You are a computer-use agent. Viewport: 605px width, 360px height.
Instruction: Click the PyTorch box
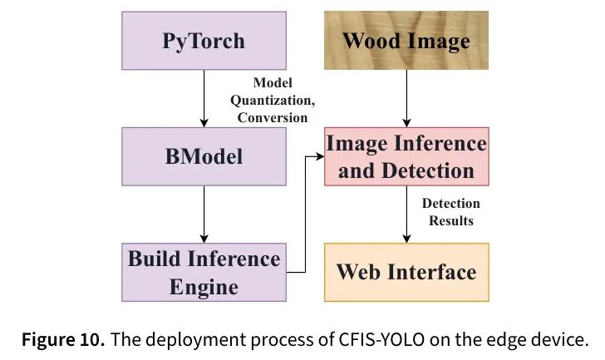coord(204,41)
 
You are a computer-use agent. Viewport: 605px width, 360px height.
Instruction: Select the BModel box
coord(204,156)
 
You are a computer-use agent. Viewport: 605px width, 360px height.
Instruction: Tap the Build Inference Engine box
coord(204,272)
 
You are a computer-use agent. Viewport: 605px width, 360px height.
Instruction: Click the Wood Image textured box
coord(406,41)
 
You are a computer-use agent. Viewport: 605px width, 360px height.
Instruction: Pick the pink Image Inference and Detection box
coord(406,156)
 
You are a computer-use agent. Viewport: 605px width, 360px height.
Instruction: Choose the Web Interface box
coord(406,272)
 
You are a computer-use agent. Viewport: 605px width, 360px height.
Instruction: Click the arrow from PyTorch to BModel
coord(204,98)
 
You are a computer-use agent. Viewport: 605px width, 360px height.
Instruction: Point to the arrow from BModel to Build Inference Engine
coord(204,215)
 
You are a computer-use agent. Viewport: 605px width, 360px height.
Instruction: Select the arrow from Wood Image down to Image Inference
coord(406,98)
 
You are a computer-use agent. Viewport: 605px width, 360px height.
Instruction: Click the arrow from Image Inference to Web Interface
coord(406,215)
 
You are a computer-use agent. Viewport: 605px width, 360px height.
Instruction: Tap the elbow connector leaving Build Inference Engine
coord(305,215)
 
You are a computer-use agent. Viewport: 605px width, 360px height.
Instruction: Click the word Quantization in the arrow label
coord(273,101)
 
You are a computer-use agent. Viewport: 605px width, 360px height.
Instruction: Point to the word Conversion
coord(273,117)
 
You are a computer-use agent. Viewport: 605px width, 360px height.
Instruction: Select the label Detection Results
coord(450,212)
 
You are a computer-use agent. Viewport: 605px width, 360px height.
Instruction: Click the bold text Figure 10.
coord(63,339)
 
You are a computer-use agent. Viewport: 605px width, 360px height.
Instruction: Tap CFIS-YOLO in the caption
coord(381,339)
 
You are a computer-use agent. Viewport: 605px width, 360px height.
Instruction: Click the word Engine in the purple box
coord(204,287)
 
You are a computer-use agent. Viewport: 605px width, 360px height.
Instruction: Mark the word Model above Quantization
coord(273,82)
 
